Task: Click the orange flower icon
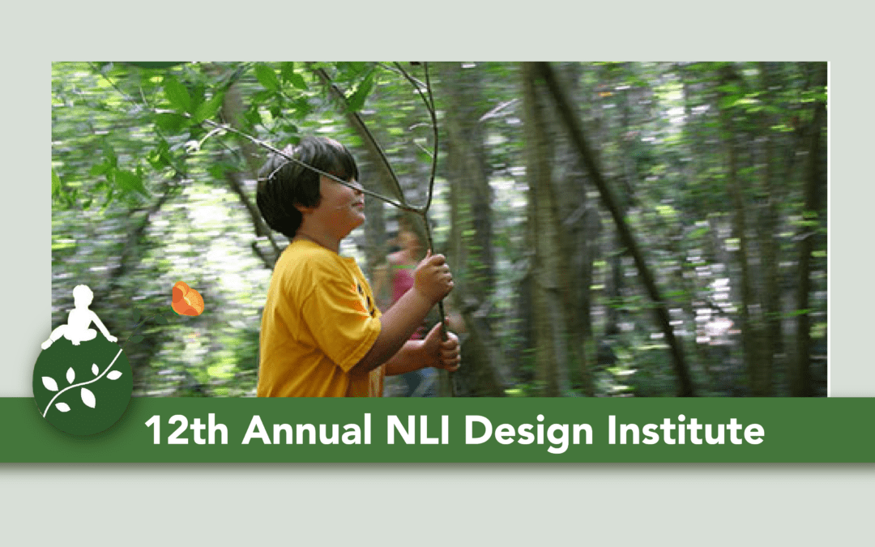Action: [187, 300]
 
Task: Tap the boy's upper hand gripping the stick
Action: [433, 278]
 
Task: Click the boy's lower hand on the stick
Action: [443, 348]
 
